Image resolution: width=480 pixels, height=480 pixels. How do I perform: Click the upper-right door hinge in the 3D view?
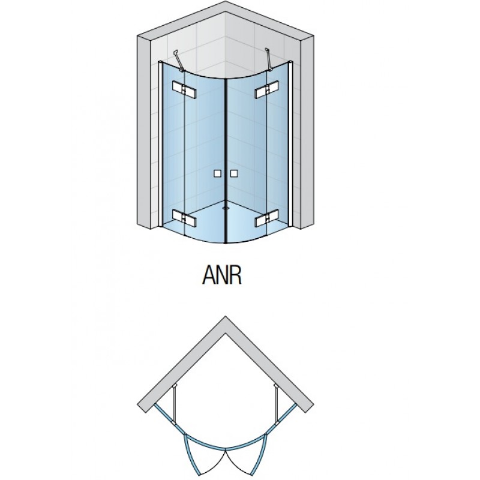pos(267,89)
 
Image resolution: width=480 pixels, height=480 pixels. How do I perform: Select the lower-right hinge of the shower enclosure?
pos(267,217)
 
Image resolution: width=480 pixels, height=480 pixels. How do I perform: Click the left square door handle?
pos(217,173)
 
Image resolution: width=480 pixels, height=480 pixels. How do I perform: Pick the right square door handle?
pos(235,173)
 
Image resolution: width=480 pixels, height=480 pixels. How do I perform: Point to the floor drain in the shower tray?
pos(226,207)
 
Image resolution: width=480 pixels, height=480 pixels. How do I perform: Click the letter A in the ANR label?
pos(209,276)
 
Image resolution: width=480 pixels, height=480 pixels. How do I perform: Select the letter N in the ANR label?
pos(223,276)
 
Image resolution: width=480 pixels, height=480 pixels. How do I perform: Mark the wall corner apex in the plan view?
pos(226,317)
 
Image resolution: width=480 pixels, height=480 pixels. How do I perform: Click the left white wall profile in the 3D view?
pos(160,144)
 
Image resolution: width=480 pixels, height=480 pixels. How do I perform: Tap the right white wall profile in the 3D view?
pos(291,144)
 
